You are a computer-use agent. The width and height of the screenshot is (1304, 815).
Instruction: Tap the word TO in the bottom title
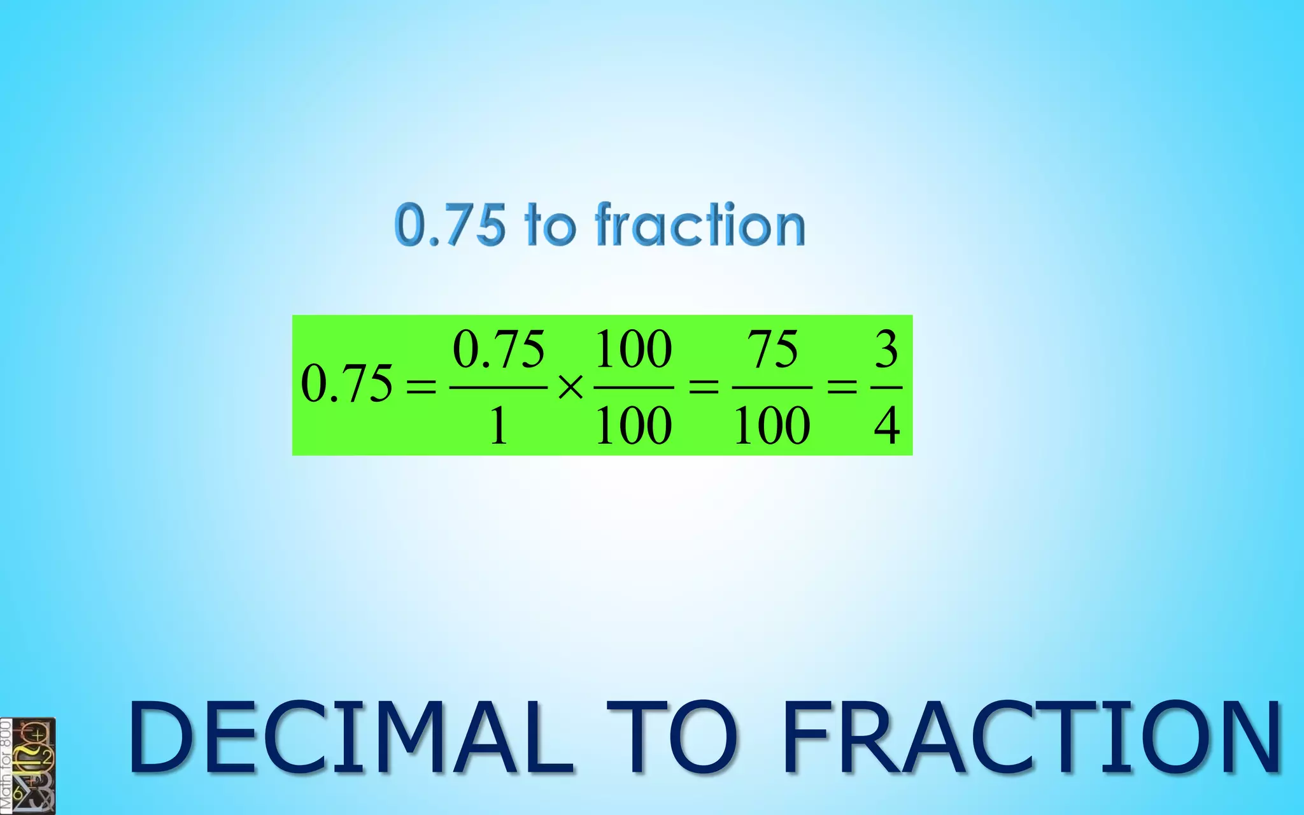tap(672, 737)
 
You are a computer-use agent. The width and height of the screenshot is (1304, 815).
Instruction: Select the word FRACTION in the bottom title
tap(1031, 737)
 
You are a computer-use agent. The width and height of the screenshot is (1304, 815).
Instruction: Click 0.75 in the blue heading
tap(450, 225)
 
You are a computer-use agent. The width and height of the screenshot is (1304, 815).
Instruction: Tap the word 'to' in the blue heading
tap(549, 225)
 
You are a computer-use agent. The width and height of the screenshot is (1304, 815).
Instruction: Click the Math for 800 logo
tap(28, 765)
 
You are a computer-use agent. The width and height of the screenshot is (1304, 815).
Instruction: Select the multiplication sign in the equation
tap(570, 386)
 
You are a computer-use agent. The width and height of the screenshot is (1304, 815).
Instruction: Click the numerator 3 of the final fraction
tap(886, 349)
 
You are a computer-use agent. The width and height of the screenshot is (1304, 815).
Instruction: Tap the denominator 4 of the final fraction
tap(886, 425)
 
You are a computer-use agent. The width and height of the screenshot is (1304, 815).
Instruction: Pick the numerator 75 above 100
tap(772, 349)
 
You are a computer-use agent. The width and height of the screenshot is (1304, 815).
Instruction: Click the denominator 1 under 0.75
tap(499, 425)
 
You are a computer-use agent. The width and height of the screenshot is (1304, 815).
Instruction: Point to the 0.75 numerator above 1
tap(499, 349)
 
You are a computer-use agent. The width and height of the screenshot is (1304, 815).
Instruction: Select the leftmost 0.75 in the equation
tap(346, 383)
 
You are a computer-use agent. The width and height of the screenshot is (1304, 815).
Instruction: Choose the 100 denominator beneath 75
tap(772, 425)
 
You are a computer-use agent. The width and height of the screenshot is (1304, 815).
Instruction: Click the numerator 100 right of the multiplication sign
tap(634, 349)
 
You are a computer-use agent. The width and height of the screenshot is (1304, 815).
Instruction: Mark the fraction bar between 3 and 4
tap(886, 387)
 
